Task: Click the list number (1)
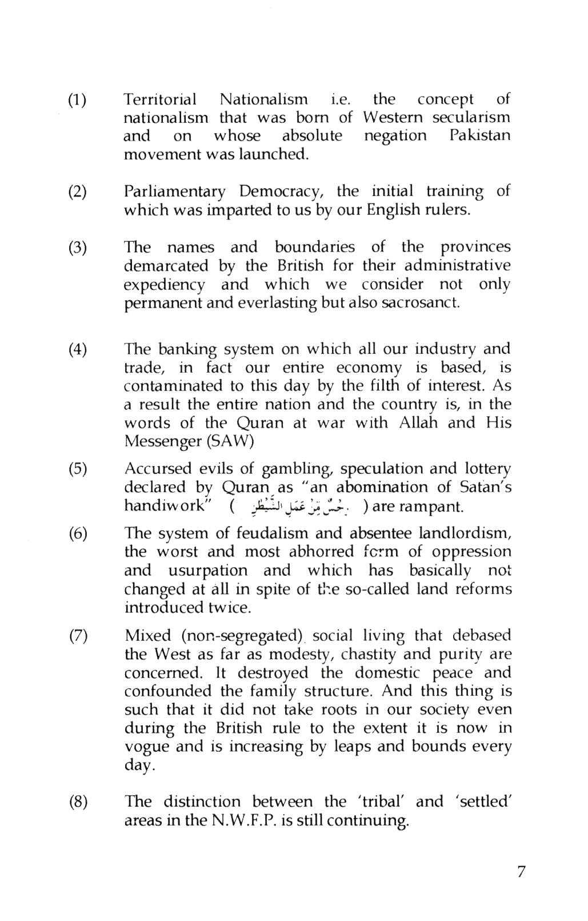[x=77, y=100]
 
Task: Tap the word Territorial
[x=160, y=99]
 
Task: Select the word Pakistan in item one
[x=479, y=136]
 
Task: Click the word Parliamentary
[x=175, y=192]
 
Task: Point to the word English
[x=393, y=210]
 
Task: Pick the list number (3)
[x=77, y=248]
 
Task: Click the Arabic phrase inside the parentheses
[x=298, y=507]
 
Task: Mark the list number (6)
[x=77, y=534]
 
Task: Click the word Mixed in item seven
[x=148, y=636]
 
